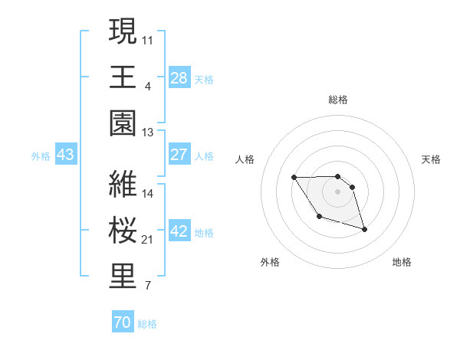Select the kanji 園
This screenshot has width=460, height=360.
click(x=123, y=123)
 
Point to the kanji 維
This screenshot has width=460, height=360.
click(x=123, y=184)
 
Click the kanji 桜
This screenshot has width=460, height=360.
click(x=123, y=231)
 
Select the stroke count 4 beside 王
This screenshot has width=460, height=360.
click(x=147, y=87)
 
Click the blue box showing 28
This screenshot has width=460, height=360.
click(x=179, y=77)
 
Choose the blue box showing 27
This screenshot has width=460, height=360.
click(x=179, y=155)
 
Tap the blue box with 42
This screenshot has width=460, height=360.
click(x=179, y=231)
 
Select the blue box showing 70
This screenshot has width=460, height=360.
click(x=122, y=322)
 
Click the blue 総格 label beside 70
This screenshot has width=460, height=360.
click(x=147, y=324)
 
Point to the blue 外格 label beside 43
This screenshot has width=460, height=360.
click(x=41, y=156)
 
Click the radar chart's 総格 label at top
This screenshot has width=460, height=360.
click(x=337, y=100)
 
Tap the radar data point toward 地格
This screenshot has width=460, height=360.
click(x=364, y=230)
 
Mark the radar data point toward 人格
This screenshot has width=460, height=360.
click(x=294, y=178)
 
